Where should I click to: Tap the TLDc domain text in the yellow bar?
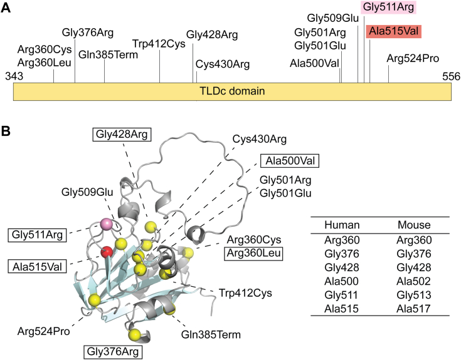[231, 91]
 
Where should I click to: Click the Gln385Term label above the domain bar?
[104, 54]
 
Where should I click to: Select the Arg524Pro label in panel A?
[413, 59]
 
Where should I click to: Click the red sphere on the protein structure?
[107, 252]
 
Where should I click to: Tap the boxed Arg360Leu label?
[253, 253]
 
